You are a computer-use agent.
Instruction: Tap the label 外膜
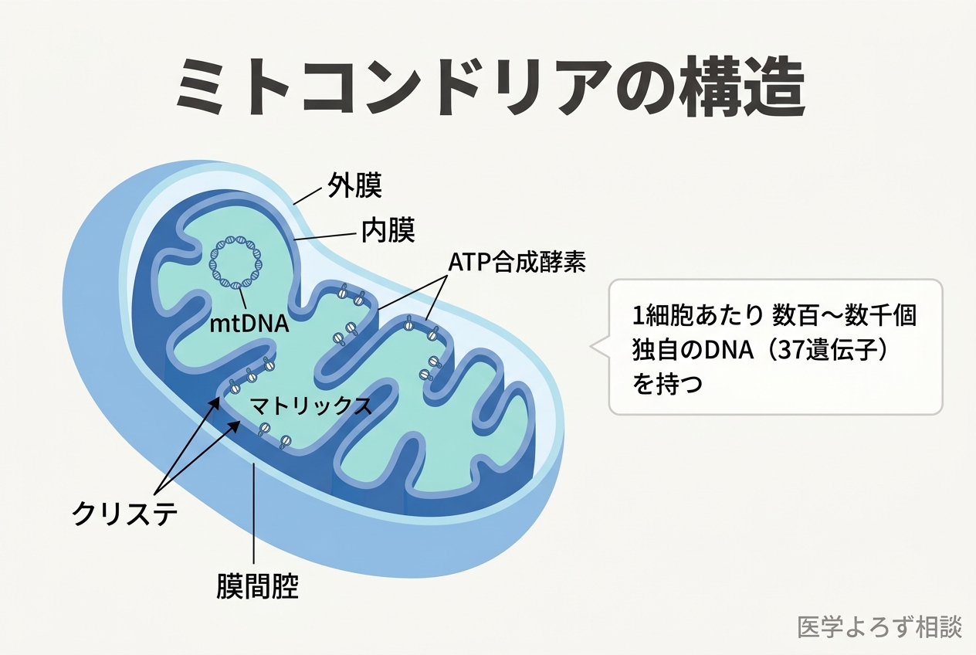click(354, 187)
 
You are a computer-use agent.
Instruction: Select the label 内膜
click(388, 229)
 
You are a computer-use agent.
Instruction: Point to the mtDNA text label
click(249, 324)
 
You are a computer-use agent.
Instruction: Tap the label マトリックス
click(310, 406)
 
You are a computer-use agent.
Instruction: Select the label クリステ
click(124, 513)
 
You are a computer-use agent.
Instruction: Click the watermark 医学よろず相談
click(879, 627)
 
